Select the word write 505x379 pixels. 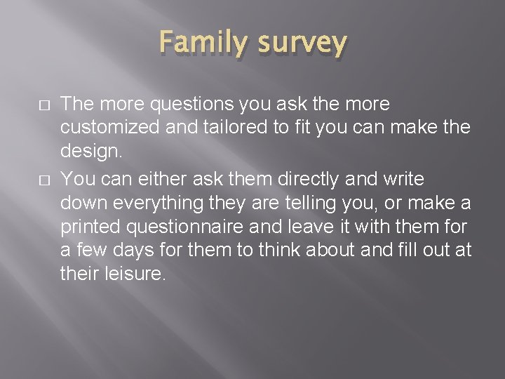pyautogui.click(x=402, y=179)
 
